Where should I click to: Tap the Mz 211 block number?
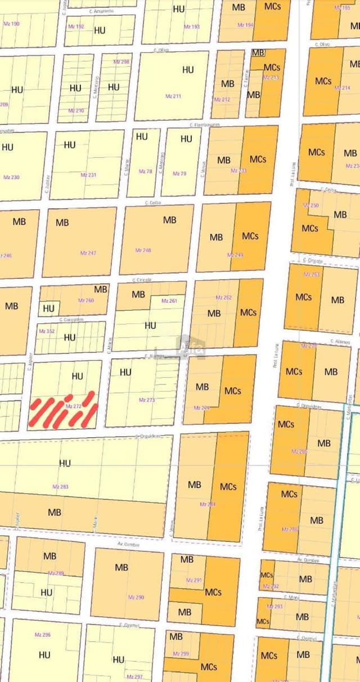tap(173, 96)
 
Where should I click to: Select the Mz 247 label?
tap(88, 253)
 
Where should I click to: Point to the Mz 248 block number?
tap(143, 250)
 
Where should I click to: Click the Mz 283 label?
tap(60, 486)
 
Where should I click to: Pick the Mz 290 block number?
tap(136, 597)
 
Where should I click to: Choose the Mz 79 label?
tap(179, 173)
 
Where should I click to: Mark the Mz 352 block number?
tap(47, 331)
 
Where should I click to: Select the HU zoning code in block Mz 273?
tap(125, 372)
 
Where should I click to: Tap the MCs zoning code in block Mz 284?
tap(228, 486)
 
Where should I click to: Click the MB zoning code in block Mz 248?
tap(169, 220)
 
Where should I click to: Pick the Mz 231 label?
tap(88, 175)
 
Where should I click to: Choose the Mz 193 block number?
tap(191, 26)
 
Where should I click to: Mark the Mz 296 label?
tap(43, 634)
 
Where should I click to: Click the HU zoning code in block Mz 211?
tap(188, 70)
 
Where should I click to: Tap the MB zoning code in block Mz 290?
tap(121, 567)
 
